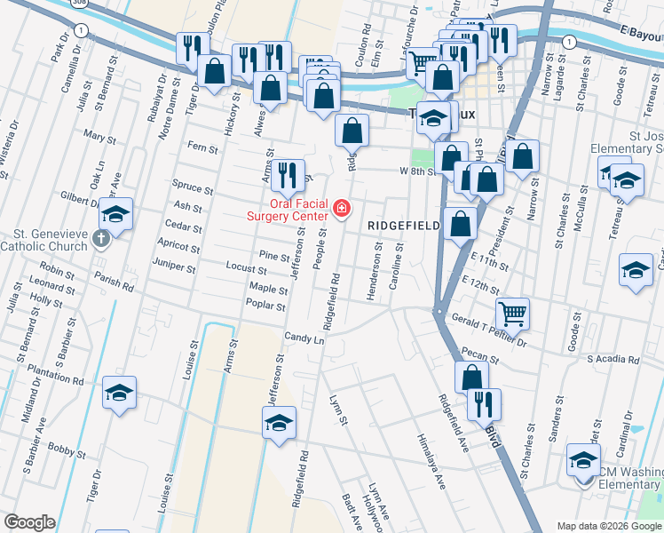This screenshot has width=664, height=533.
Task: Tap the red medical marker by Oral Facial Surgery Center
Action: point(342,211)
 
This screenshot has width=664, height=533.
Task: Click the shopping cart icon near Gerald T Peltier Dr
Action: point(511,313)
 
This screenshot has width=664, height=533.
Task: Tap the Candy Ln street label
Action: point(304,338)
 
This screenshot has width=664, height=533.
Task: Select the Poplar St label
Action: point(266,306)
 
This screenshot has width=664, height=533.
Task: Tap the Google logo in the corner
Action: point(29,522)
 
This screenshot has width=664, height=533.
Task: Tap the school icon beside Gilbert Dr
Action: point(115,215)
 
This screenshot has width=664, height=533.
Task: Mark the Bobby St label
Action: point(65,450)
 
